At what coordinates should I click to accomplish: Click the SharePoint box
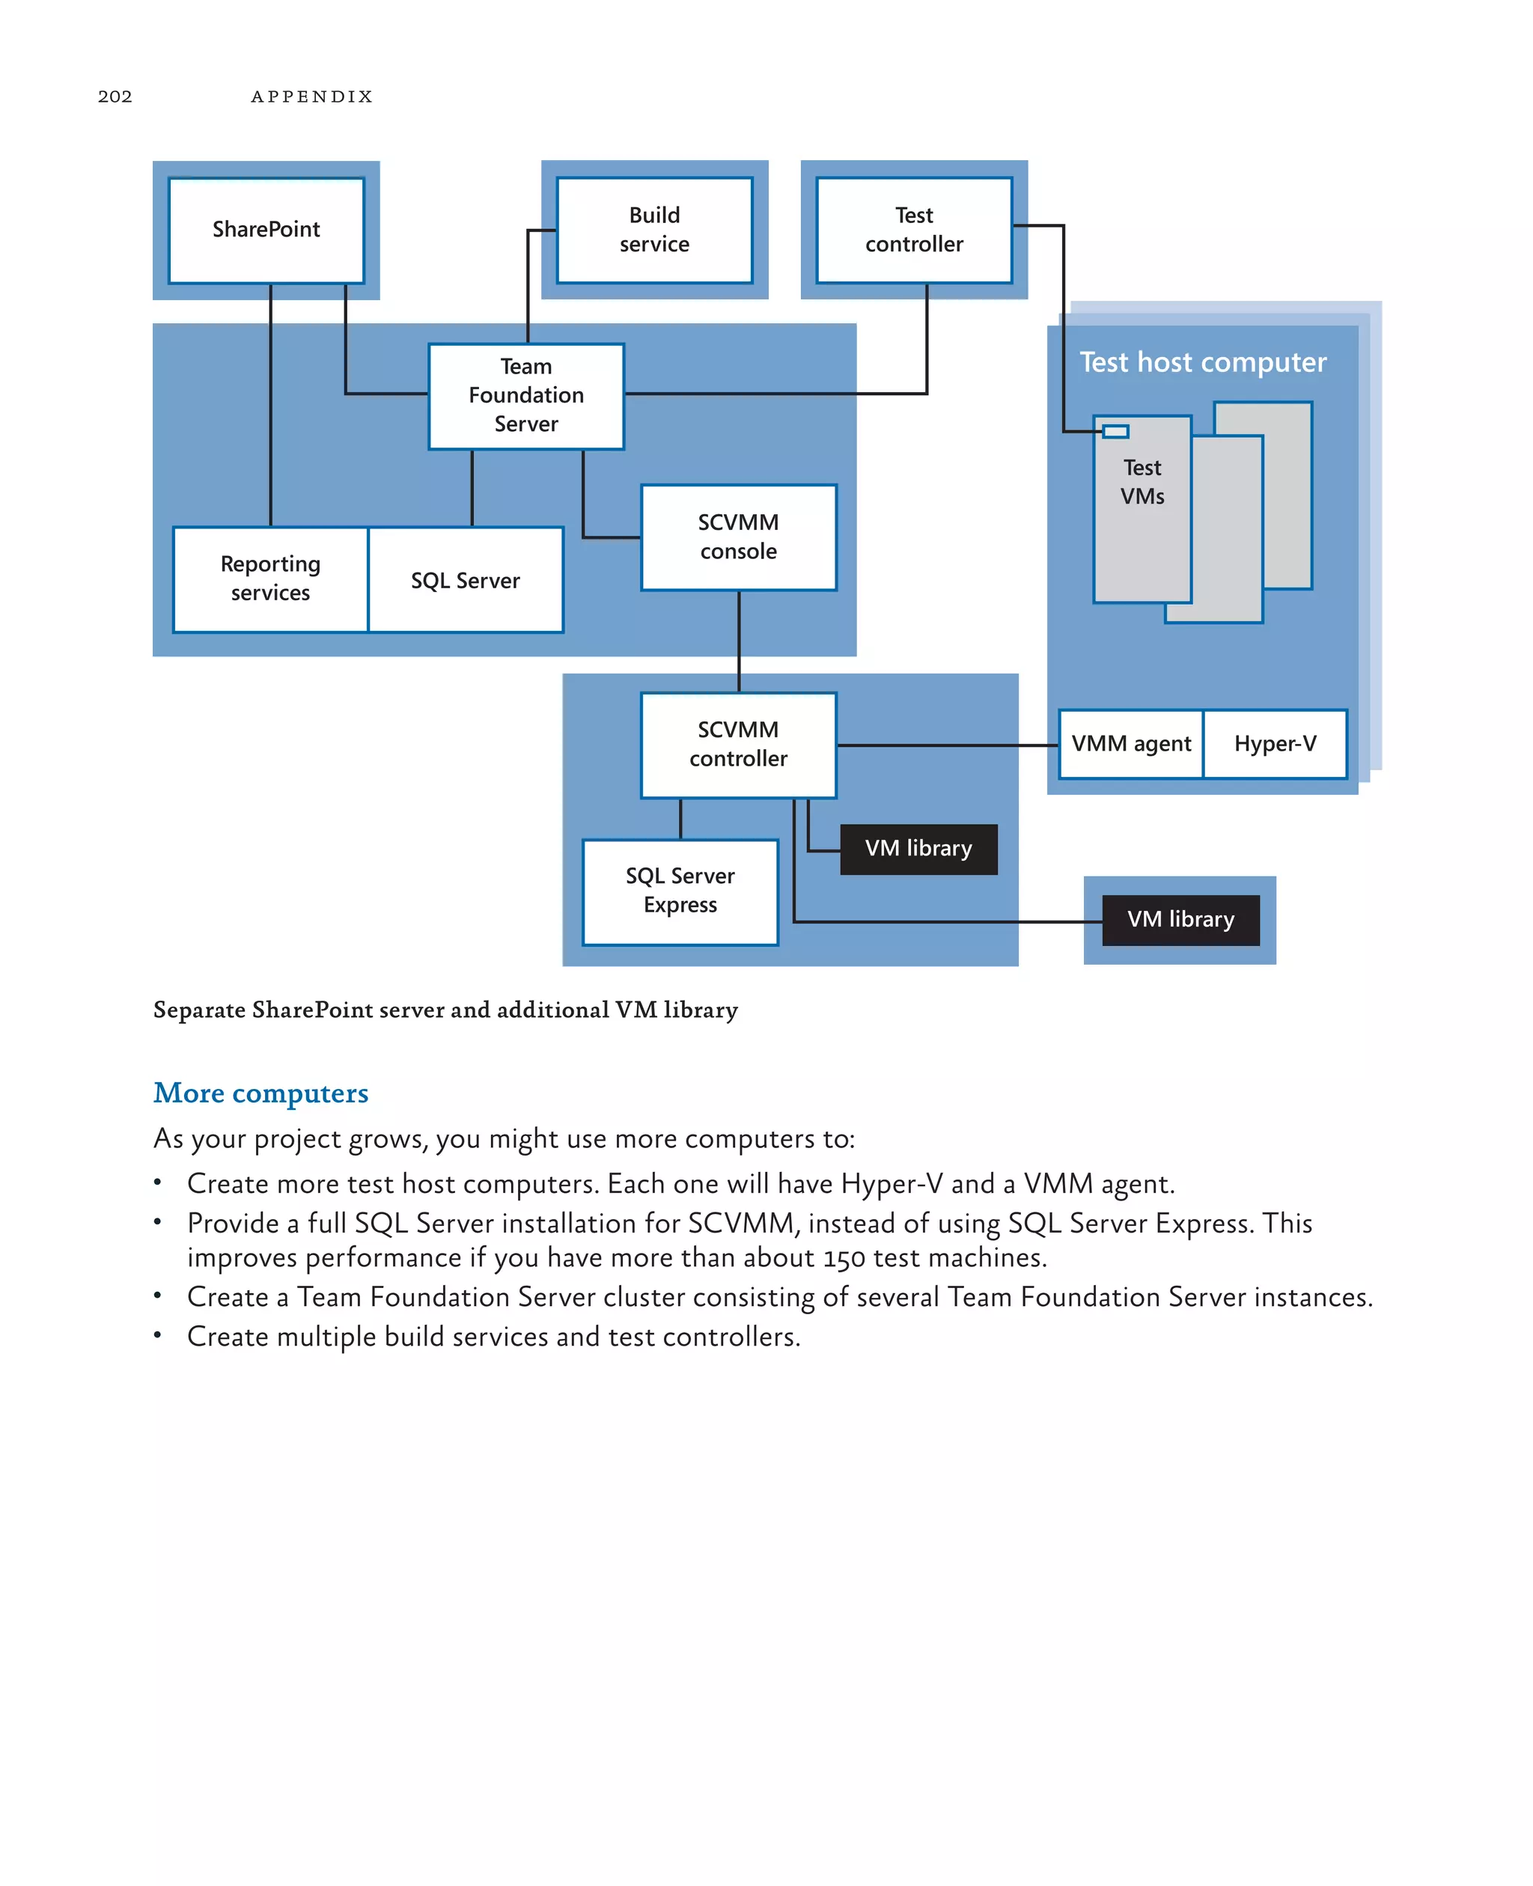[266, 230]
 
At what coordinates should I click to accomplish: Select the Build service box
[654, 230]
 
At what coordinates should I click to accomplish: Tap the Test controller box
[914, 230]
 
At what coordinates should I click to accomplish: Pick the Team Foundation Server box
[526, 396]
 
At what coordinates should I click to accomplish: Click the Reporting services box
[270, 579]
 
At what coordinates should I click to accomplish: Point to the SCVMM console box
[738, 537]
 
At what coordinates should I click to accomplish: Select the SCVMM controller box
[738, 745]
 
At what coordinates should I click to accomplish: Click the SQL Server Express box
[680, 891]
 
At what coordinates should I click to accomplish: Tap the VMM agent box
[1131, 743]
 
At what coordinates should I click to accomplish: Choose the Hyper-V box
[1276, 743]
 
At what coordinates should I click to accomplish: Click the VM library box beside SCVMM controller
[918, 849]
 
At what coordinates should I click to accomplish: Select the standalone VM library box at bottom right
[1180, 919]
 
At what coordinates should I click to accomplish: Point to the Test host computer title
[1203, 362]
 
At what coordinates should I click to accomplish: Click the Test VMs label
[1142, 482]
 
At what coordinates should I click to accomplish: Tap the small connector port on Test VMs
[1116, 431]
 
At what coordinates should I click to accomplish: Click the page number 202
[115, 97]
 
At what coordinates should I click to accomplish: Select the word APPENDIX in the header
[311, 97]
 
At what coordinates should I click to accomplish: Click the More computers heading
[260, 1093]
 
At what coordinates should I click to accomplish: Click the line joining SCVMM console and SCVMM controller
[739, 641]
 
